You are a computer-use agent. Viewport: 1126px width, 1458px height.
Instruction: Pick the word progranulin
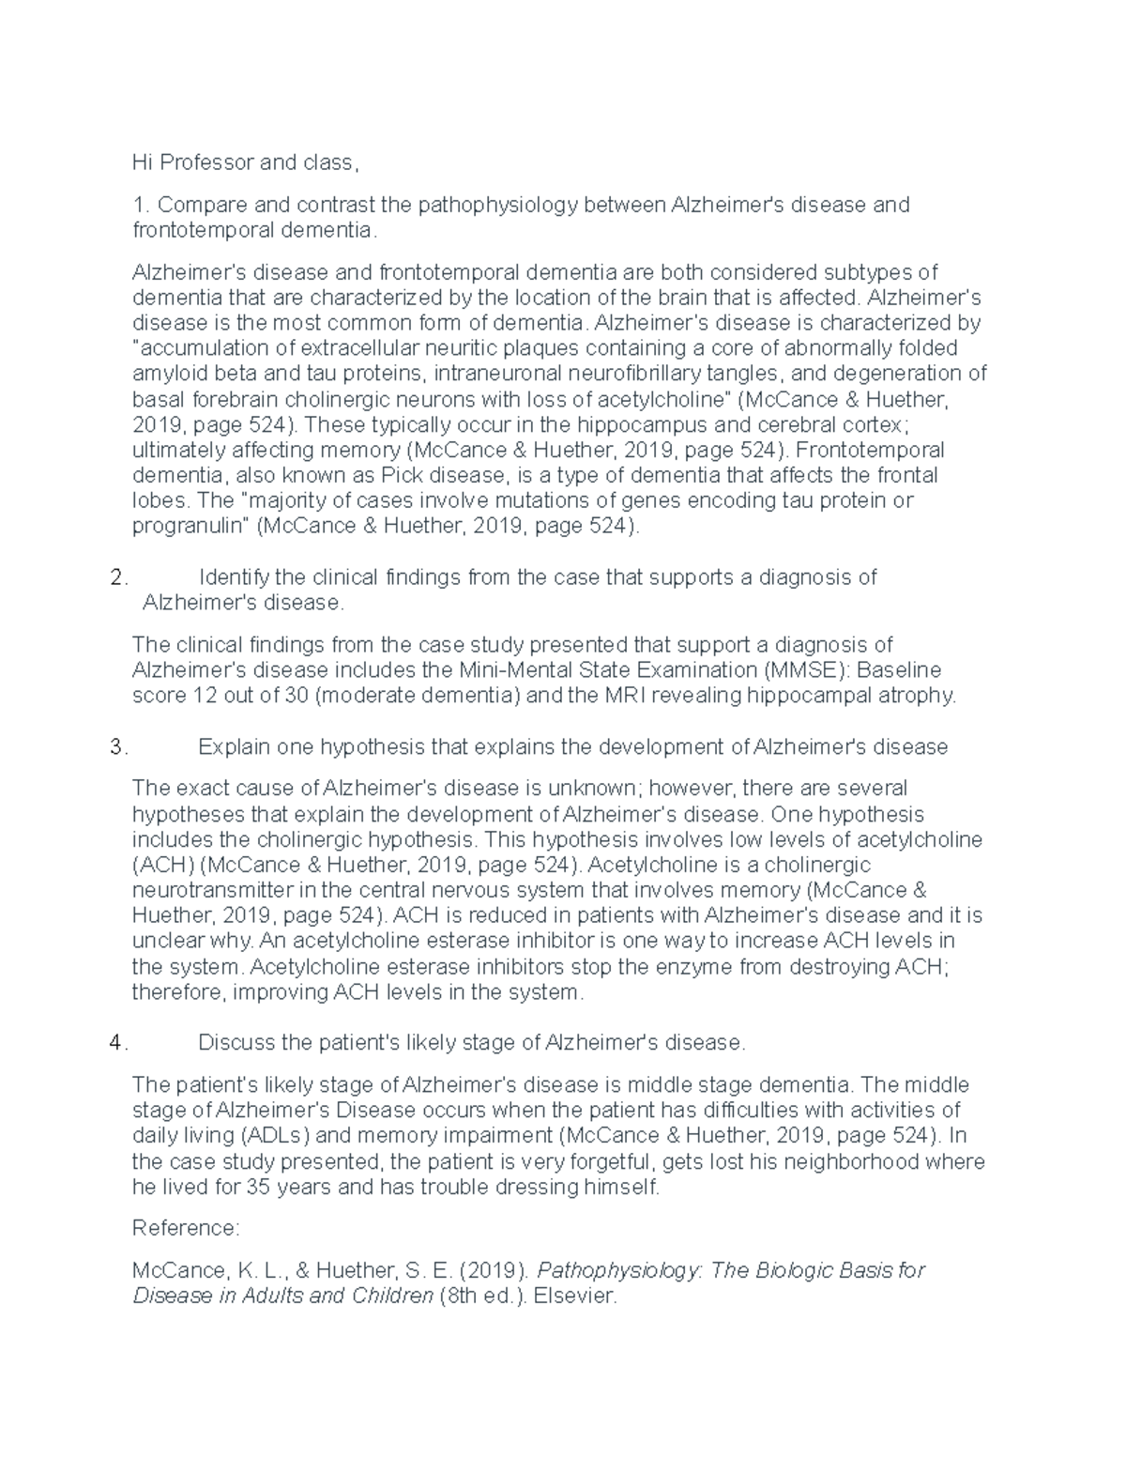point(190,526)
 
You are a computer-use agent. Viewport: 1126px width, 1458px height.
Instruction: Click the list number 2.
point(117,577)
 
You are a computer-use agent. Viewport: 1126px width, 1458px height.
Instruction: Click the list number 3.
point(117,747)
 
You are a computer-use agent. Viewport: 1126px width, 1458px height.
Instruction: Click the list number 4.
point(117,1043)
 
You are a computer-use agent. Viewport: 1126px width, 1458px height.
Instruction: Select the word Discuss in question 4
point(236,1043)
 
